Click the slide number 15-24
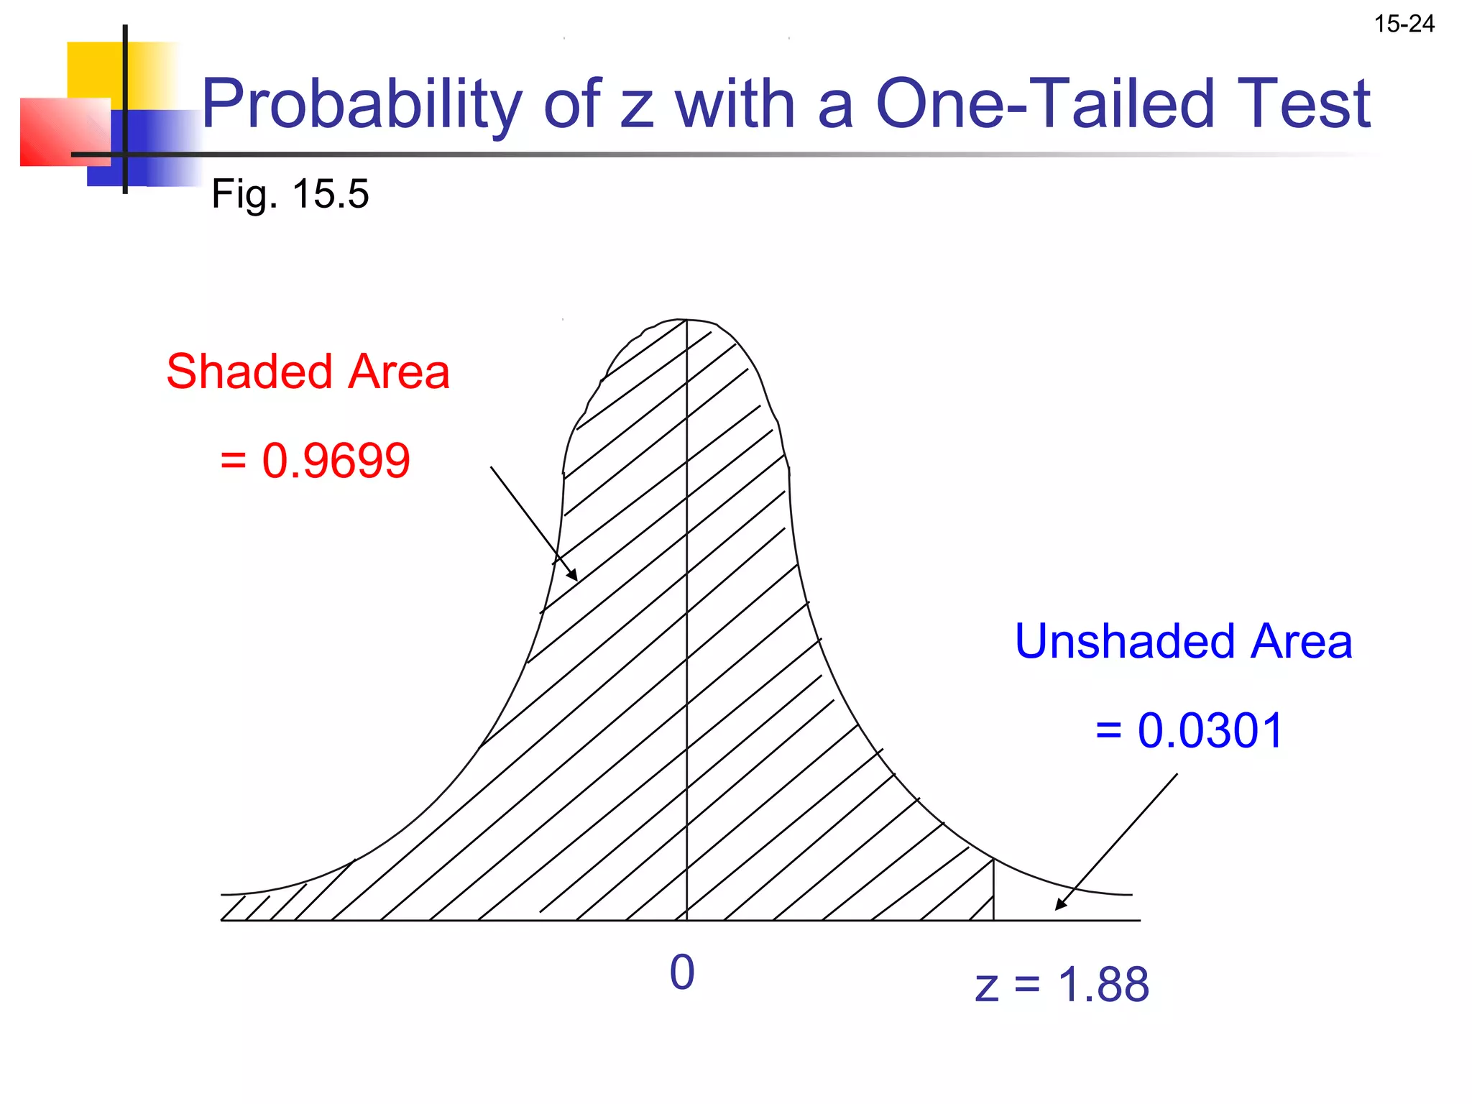[x=1404, y=24]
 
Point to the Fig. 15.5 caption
[x=290, y=194]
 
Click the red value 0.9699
[x=336, y=461]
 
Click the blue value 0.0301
[x=1210, y=731]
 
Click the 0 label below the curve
[x=681, y=973]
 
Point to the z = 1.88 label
[x=1062, y=985]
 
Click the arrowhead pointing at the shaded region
[x=573, y=576]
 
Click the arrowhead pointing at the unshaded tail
[x=1060, y=905]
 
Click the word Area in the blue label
[x=1301, y=641]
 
